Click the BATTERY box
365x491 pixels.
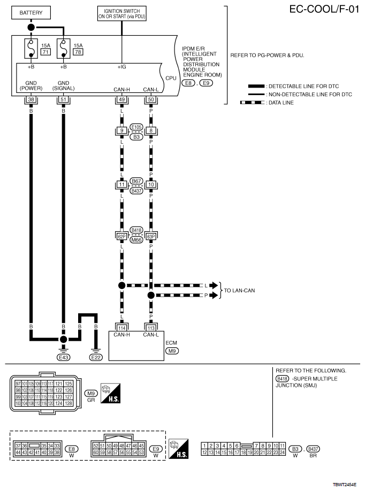coord(31,12)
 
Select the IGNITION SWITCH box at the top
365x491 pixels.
coord(122,13)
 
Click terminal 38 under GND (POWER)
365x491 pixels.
coord(31,99)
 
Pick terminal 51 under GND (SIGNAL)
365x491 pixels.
coord(64,99)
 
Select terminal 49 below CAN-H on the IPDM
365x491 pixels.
coord(122,99)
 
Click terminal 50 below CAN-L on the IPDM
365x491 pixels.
coord(151,99)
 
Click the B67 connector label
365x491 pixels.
coord(136,182)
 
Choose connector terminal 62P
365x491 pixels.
coord(122,236)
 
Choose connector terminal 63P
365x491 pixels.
coord(151,236)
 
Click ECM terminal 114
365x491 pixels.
coord(122,328)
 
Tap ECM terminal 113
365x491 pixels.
coord(151,328)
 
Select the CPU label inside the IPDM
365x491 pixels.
coord(171,77)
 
